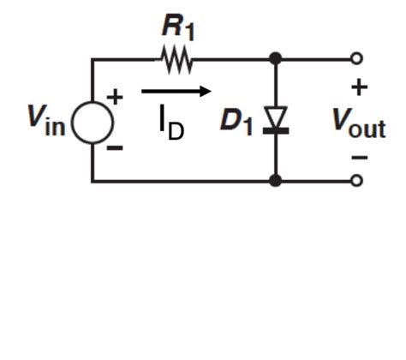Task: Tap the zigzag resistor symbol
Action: coord(176,59)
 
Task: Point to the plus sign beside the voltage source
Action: coord(114,97)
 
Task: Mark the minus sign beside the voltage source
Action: coord(115,148)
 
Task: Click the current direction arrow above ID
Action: coord(175,90)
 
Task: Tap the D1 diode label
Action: coord(236,121)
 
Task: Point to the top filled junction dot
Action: coord(275,59)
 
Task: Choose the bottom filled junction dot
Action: coord(275,180)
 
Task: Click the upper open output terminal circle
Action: coord(357,59)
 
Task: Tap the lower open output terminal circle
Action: coord(357,180)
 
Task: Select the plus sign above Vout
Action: coord(359,87)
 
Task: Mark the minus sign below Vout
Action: coord(359,158)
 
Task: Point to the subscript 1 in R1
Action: coord(188,33)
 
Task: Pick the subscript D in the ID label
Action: coord(176,131)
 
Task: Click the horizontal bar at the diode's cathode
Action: coord(275,130)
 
